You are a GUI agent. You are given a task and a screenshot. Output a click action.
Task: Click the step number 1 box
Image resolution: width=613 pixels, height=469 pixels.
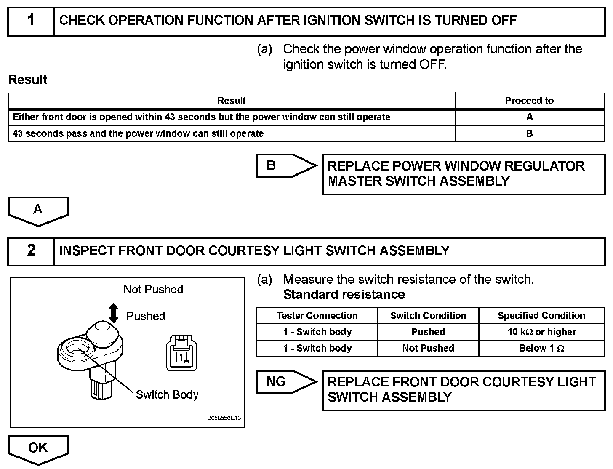pos(31,21)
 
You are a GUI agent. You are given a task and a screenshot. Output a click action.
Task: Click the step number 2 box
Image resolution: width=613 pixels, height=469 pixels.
pos(31,251)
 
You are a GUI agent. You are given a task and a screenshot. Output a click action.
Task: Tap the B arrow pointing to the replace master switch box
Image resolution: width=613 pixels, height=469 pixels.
pos(286,165)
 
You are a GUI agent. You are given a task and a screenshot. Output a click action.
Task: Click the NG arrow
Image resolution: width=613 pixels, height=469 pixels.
pos(286,381)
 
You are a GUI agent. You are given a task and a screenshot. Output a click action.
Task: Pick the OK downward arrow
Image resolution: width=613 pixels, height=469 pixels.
pos(38,449)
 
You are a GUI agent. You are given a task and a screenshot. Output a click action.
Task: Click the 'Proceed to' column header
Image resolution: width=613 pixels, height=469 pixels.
pos(529,101)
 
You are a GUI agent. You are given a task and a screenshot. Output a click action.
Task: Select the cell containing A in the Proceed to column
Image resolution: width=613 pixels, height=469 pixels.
pos(529,117)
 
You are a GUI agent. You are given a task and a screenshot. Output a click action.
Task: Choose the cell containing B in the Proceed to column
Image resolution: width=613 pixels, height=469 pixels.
pos(529,133)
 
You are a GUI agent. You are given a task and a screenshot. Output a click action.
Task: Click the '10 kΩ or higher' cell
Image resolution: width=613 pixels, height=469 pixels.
pos(541,332)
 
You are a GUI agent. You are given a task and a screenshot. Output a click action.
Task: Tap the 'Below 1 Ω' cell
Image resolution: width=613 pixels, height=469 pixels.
pos(541,348)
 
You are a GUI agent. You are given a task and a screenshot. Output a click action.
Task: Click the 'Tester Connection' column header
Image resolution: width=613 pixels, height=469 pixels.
pos(317,316)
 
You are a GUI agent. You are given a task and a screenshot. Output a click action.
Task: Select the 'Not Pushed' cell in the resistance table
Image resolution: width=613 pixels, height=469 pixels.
pos(428,348)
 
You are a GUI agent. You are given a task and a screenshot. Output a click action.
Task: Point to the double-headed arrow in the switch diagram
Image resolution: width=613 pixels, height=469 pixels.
pos(113,313)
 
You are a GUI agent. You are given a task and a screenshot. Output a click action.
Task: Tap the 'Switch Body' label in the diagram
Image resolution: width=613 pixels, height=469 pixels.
pos(167,395)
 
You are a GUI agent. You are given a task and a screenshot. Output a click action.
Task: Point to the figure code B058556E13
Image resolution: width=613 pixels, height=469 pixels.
pos(224,419)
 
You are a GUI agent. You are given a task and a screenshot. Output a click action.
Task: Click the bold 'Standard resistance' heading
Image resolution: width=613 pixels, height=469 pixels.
pos(344,295)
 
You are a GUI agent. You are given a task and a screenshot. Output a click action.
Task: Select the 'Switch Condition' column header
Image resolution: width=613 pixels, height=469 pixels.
pos(428,316)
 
